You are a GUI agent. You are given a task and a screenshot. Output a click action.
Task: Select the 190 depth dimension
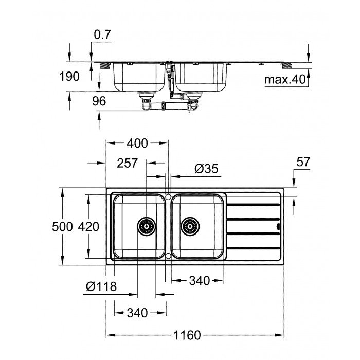pyautogui.click(x=69, y=77)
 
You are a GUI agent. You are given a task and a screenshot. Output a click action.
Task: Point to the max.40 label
pyautogui.click(x=284, y=80)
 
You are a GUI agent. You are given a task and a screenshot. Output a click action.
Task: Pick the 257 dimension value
pyautogui.click(x=127, y=163)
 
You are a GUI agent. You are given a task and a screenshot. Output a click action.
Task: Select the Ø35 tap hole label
pyautogui.click(x=207, y=168)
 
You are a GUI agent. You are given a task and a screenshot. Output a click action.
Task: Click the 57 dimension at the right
pyautogui.click(x=303, y=161)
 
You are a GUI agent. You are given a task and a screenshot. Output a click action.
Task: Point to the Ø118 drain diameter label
pyautogui.click(x=101, y=286)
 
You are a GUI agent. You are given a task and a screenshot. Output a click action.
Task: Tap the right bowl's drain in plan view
pyautogui.click(x=189, y=225)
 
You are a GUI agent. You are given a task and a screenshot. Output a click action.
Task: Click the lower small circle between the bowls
pyautogui.click(x=168, y=255)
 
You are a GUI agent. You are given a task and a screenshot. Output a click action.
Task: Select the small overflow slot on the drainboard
pyautogui.click(x=278, y=226)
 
